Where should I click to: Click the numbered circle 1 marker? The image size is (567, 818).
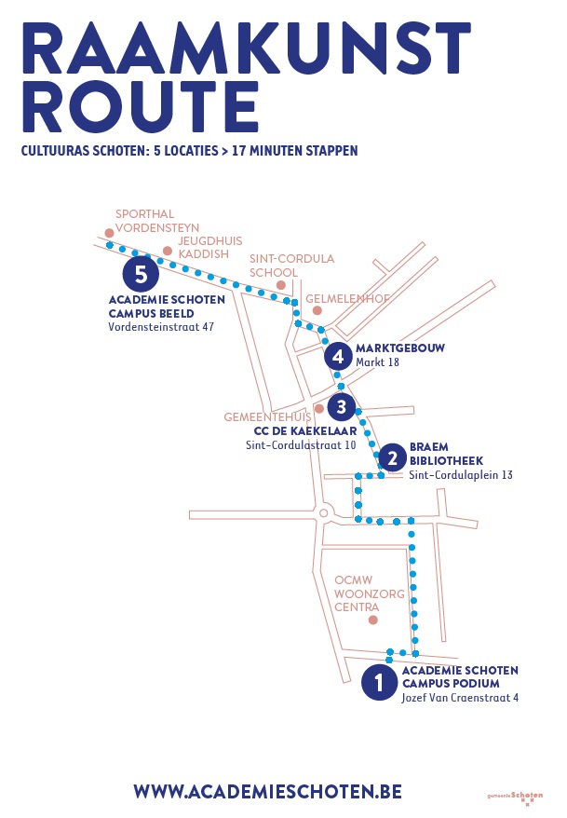point(379,682)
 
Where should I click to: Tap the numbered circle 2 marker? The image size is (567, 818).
point(392,457)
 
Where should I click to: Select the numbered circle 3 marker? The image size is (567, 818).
point(342,406)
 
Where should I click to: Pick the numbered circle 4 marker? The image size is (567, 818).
point(338,356)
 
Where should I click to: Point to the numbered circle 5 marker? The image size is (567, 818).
point(141,274)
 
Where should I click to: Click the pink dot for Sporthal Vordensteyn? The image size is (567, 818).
point(110,232)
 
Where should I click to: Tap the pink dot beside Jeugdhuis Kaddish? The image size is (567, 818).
point(168,250)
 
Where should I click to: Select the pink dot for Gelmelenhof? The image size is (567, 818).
point(317,310)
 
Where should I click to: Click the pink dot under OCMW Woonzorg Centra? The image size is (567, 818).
point(373,620)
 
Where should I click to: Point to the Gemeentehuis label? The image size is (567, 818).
point(267,417)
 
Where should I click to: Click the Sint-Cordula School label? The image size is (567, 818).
point(291,266)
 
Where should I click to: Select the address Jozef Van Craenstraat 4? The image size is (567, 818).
point(460,697)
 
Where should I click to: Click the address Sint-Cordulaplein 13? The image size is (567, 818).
point(461,475)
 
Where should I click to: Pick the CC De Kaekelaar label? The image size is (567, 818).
point(305,431)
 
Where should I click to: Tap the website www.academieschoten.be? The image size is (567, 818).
point(267,791)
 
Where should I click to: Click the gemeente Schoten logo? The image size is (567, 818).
point(515,797)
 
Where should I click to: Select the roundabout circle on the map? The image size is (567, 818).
point(324,513)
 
